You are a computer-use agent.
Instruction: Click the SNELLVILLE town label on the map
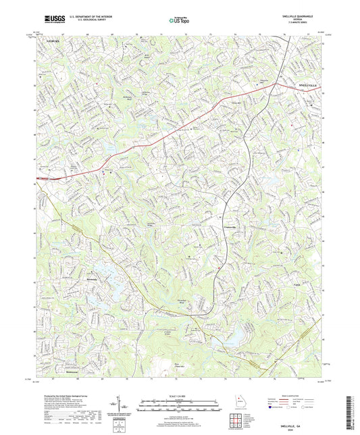(x=311, y=85)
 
